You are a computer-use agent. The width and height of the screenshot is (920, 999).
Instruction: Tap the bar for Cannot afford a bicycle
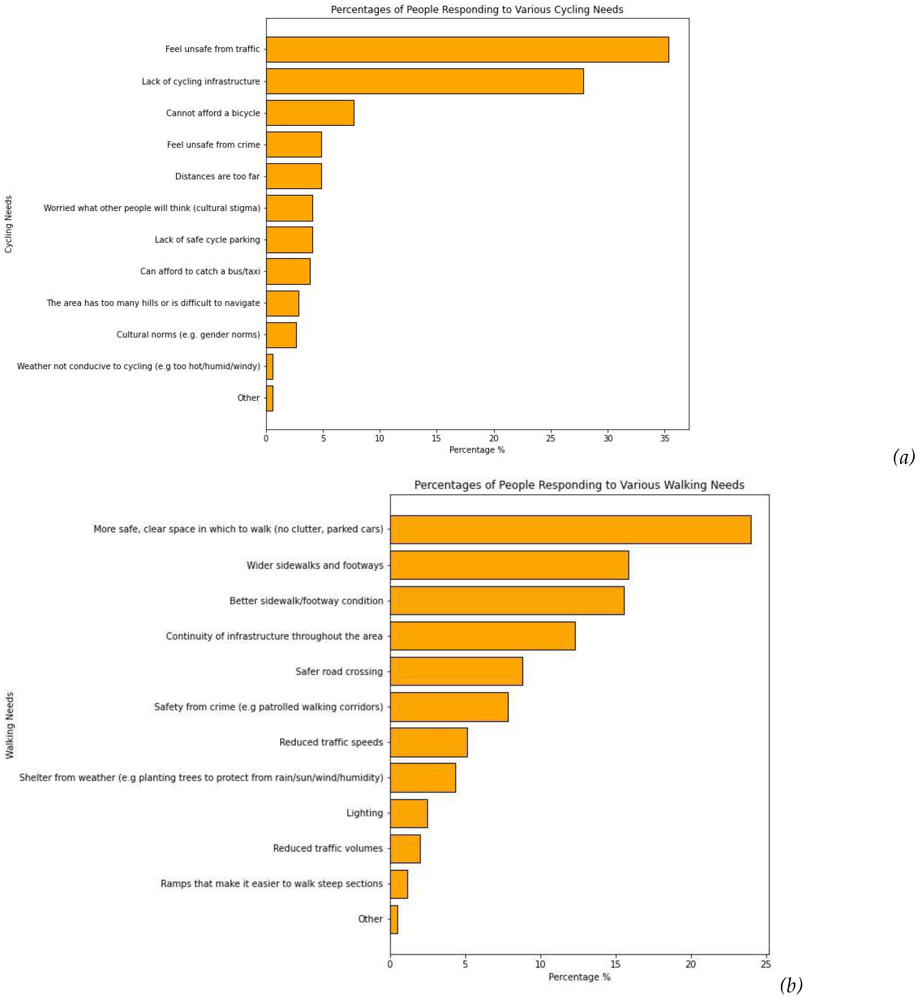pyautogui.click(x=310, y=113)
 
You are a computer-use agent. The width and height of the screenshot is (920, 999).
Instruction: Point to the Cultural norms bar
pyautogui.click(x=281, y=335)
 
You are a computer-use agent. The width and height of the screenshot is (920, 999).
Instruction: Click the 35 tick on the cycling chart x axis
pyautogui.click(x=665, y=439)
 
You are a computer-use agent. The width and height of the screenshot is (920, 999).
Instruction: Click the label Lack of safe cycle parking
pyautogui.click(x=207, y=239)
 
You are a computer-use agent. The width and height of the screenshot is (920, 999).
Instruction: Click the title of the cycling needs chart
pyautogui.click(x=476, y=9)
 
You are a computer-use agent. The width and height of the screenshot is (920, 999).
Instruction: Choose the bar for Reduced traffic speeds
pyautogui.click(x=429, y=742)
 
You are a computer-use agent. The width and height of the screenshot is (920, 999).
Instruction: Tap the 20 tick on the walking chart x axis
pyautogui.click(x=690, y=964)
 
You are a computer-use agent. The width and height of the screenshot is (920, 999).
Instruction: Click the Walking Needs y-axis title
pyautogui.click(x=9, y=725)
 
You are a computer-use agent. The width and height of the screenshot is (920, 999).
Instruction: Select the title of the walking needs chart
pyautogui.click(x=579, y=485)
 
